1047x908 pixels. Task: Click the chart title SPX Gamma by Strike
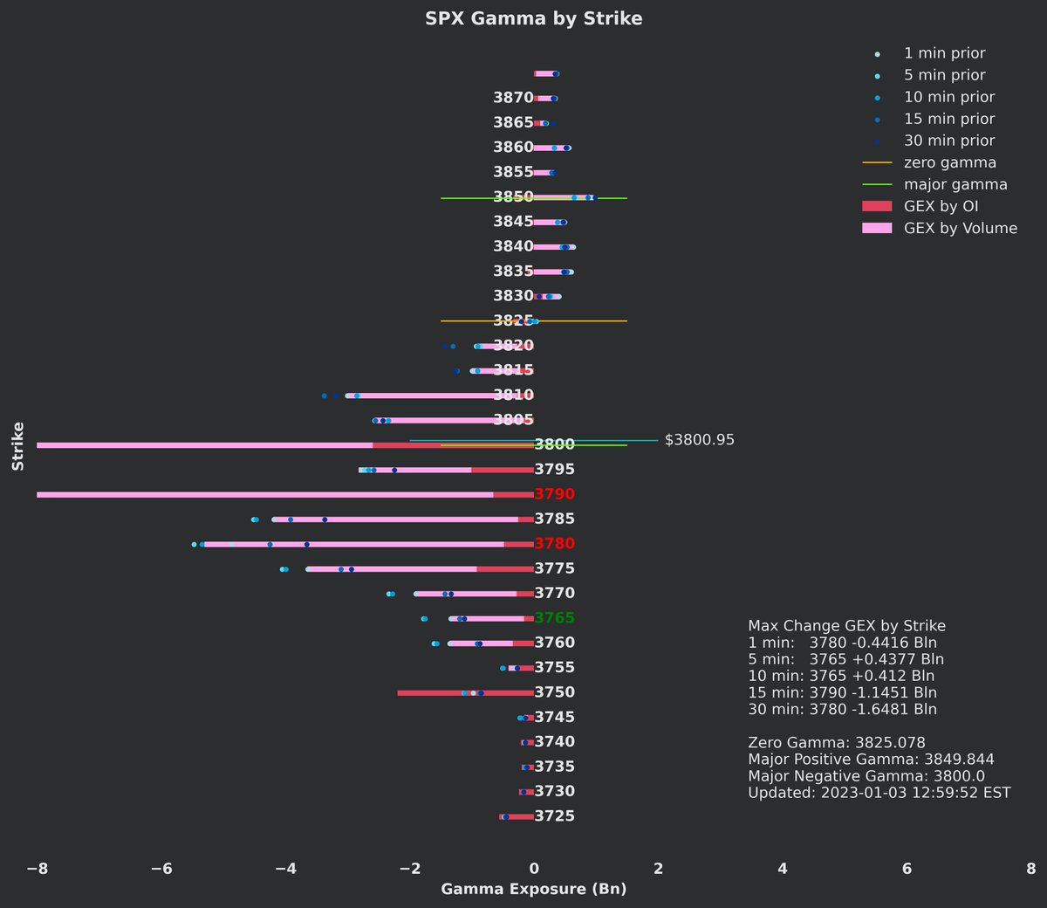point(533,18)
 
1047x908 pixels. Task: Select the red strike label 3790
point(554,494)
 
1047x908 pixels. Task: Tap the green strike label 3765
point(554,618)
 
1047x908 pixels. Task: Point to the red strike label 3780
point(554,544)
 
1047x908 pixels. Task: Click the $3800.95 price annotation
point(699,440)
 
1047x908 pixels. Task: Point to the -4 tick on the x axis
point(285,869)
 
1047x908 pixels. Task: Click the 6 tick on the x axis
point(907,869)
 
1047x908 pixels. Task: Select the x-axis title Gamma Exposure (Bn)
point(533,890)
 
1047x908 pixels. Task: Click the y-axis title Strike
point(18,446)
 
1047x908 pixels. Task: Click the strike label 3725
point(554,816)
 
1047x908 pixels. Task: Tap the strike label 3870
point(513,98)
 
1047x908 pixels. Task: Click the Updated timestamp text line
point(879,793)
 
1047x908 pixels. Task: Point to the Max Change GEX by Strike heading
point(846,626)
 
